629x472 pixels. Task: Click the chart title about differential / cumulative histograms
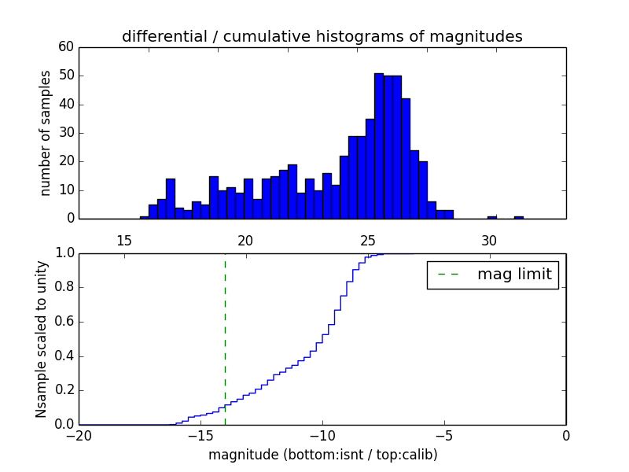(x=322, y=37)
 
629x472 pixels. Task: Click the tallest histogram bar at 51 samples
(x=379, y=146)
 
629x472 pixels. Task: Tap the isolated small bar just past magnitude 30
(x=492, y=217)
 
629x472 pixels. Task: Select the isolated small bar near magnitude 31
(x=519, y=217)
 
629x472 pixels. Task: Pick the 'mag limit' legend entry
(x=493, y=275)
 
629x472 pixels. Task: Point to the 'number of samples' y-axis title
(x=46, y=132)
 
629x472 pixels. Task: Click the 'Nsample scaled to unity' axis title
(x=41, y=339)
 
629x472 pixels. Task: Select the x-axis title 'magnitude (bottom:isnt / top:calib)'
(x=322, y=455)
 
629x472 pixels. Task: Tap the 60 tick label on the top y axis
(x=66, y=47)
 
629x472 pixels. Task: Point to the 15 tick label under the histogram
(x=123, y=240)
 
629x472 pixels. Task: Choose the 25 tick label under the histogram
(x=368, y=240)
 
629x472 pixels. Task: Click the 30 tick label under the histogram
(x=489, y=240)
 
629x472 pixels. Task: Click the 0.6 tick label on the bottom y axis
(x=63, y=322)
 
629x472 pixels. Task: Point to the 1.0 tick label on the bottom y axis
(x=63, y=253)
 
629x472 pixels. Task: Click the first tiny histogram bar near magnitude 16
(x=144, y=217)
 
